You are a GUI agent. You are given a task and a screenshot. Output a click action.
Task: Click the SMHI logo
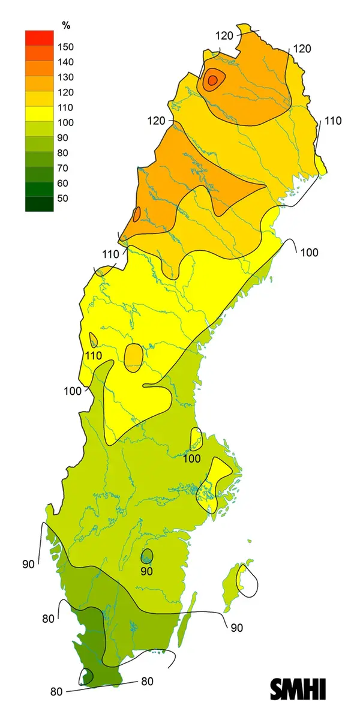point(298,688)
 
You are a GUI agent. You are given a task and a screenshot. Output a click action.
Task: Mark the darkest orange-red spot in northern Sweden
point(212,80)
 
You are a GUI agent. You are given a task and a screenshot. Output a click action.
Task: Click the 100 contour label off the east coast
point(309,253)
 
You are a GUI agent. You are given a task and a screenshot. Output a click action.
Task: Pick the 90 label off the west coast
point(28,564)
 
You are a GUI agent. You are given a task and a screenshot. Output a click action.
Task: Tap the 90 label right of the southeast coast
point(236,628)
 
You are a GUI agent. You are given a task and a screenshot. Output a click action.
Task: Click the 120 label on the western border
point(156,121)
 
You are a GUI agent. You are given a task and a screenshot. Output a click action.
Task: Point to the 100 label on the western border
point(72,391)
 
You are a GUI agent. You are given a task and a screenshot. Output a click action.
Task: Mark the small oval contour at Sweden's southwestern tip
point(87,677)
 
